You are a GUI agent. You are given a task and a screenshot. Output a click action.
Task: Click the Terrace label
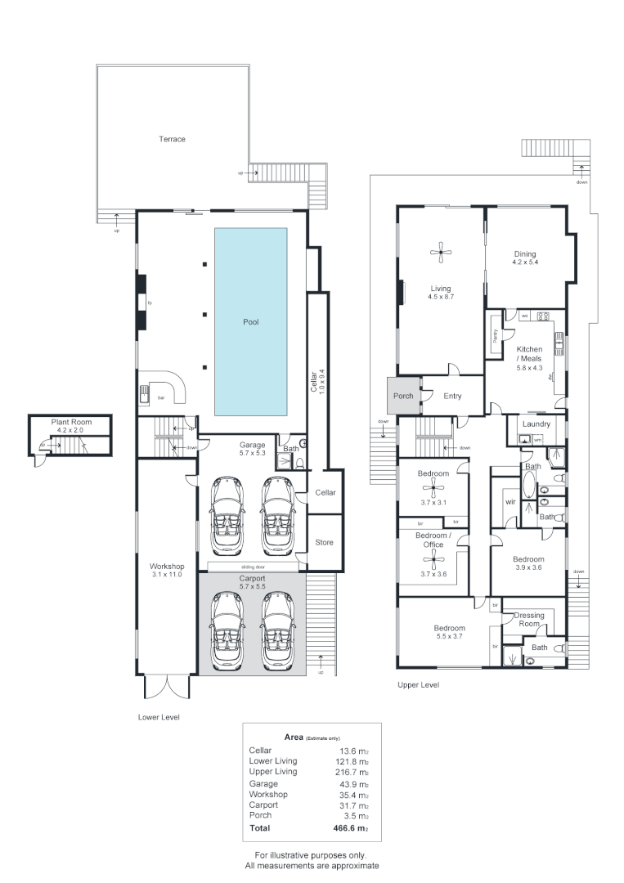point(172,139)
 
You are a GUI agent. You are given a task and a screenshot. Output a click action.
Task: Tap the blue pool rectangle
point(250,321)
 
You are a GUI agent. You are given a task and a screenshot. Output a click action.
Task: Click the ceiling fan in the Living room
point(442,253)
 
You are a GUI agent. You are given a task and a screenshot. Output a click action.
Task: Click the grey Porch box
point(403,397)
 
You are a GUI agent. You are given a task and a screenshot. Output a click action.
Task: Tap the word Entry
point(452,397)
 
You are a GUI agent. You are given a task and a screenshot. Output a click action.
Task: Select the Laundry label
point(536,425)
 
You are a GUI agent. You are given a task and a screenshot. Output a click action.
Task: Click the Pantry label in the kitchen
point(496,334)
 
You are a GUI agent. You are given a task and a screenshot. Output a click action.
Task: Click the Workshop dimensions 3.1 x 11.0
point(166,576)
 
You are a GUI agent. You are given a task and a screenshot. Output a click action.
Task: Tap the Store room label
point(325,542)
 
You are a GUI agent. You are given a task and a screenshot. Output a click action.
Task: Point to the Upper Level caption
point(418,685)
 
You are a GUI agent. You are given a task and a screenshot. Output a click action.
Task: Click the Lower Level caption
point(159,717)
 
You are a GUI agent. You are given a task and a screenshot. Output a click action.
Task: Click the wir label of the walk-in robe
point(510,501)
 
